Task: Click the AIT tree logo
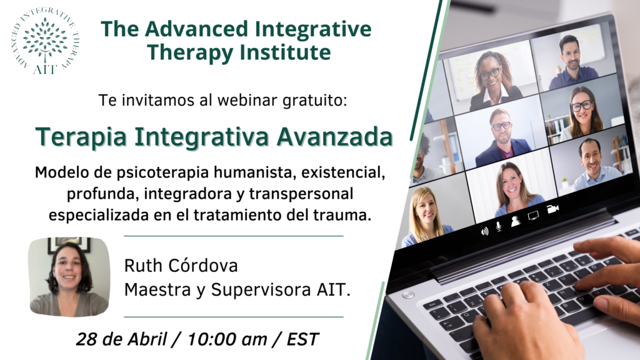pos(45,41)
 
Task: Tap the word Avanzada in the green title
pos(334,136)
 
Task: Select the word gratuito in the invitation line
pos(314,100)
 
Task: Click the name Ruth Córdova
pos(181,265)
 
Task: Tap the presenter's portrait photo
pos(69,277)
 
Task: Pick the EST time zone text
pos(302,339)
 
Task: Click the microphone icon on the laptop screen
pos(498,226)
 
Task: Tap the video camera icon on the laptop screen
pos(552,209)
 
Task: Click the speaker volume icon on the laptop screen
pos(484,232)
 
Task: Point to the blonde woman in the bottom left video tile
pos(424,216)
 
